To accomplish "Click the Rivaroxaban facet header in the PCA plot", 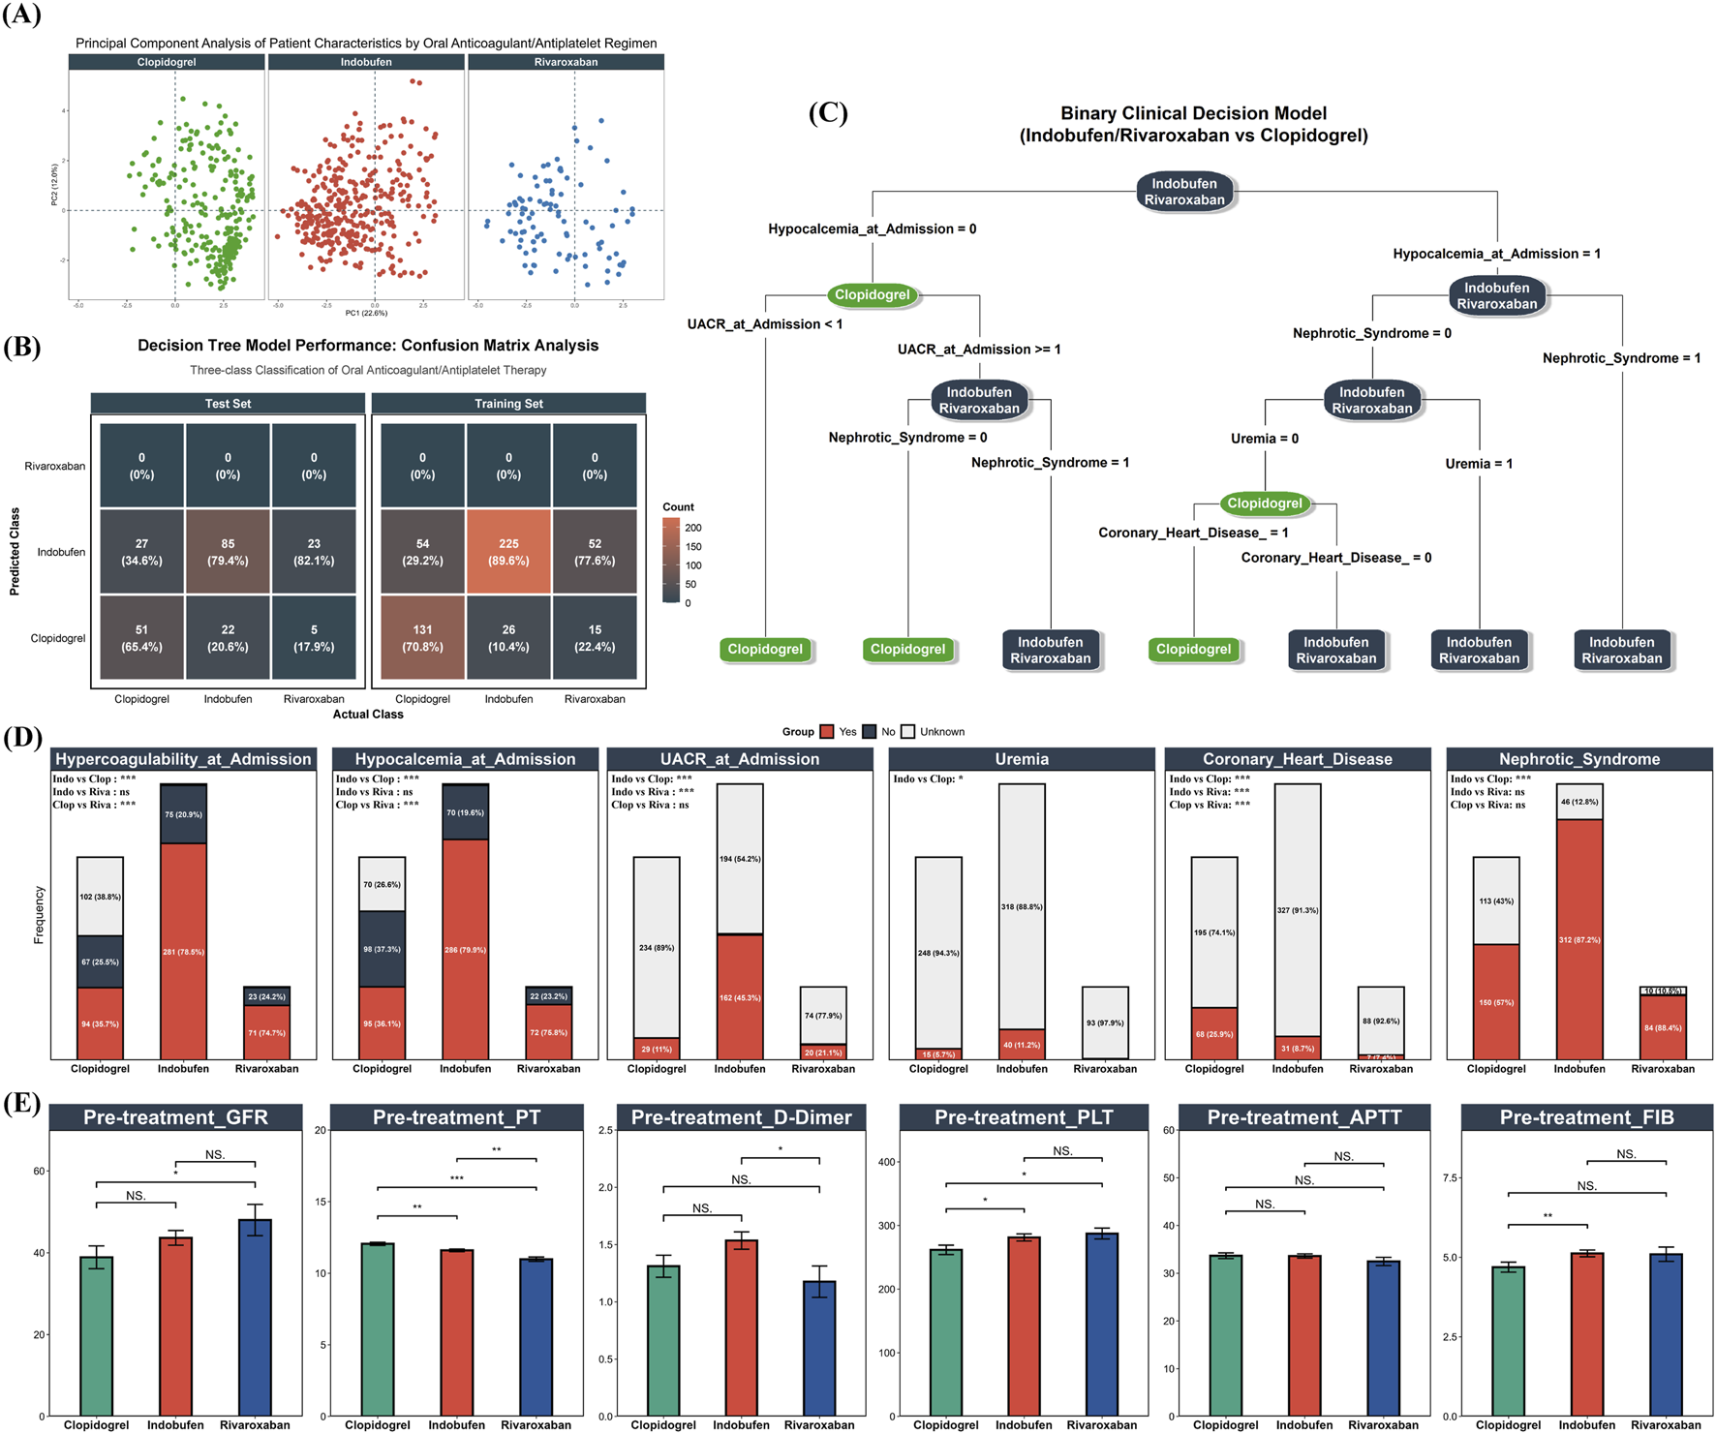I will click(x=566, y=62).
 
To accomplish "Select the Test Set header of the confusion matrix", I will click(x=228, y=404).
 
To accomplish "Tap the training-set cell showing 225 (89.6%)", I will click(x=508, y=552).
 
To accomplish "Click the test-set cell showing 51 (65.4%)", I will click(x=141, y=638).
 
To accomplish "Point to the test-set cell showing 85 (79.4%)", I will click(x=228, y=552).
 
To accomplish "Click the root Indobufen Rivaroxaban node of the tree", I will click(x=1184, y=192).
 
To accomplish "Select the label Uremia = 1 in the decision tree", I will click(x=1479, y=464).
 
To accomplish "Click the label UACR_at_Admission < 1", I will click(x=765, y=324).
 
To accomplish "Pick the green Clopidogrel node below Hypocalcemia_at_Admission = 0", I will click(x=872, y=295).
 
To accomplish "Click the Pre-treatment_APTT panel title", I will click(x=1304, y=1117).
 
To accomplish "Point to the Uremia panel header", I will click(x=1022, y=759).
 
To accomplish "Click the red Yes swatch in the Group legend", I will click(x=827, y=732).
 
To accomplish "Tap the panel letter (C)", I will click(x=828, y=113).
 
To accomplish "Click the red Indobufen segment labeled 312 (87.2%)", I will click(x=1579, y=939).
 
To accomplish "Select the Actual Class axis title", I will click(x=368, y=715).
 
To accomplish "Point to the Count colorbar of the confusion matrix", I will click(x=670, y=561).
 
